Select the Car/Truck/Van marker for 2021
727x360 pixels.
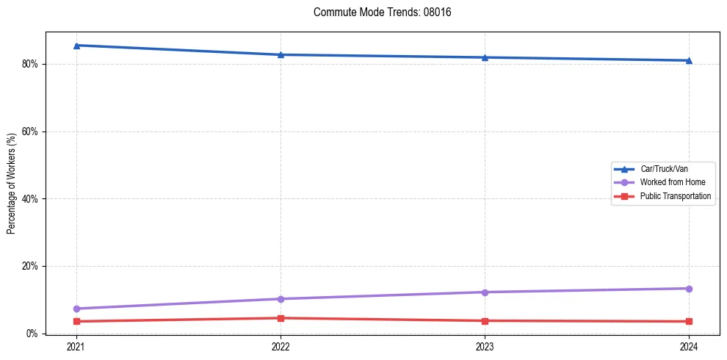76,46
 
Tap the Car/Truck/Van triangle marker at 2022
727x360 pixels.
281,54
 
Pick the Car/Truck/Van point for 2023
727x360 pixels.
485,57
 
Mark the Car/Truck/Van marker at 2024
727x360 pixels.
689,60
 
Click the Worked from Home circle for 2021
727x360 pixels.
76,309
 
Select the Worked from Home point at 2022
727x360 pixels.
281,299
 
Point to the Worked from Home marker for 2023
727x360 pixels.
485,292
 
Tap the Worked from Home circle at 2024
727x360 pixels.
689,289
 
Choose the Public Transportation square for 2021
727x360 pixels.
76,321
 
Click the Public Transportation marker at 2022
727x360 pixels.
281,318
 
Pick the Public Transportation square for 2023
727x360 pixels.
485,320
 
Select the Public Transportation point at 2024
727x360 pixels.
689,321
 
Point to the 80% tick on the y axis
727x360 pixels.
30,64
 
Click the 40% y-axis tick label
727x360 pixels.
30,199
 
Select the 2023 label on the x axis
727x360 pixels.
485,346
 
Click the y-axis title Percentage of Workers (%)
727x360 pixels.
11,184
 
